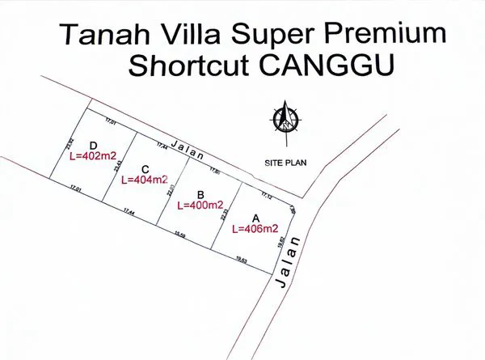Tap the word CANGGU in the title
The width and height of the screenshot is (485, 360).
coord(336,66)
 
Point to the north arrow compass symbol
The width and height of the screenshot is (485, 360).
coord(286,118)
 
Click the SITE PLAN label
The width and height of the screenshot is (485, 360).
coord(285,163)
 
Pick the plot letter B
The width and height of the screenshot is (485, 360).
coord(200,194)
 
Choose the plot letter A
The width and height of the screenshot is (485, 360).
coord(256,218)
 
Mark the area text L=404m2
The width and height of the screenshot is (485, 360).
coord(144,180)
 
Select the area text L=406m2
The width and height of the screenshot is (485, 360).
coord(256,229)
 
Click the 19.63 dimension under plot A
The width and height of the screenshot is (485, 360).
coord(241,260)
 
